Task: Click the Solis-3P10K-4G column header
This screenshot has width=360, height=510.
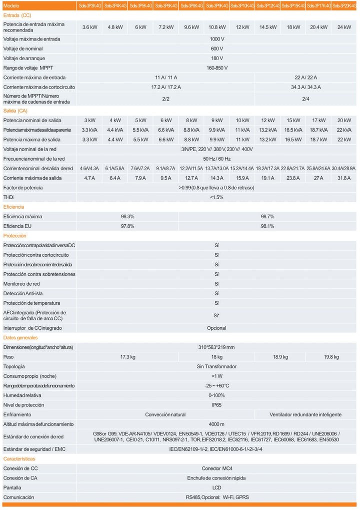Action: (x=242, y=6)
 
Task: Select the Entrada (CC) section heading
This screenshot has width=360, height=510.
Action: (x=17, y=16)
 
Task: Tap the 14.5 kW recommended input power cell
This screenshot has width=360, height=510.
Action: (x=267, y=28)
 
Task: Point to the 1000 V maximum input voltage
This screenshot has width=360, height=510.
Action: (x=216, y=39)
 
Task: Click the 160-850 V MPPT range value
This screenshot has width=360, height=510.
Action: (x=216, y=68)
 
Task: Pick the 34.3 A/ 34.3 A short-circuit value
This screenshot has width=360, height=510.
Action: (x=305, y=87)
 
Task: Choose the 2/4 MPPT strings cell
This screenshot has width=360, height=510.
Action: (x=305, y=99)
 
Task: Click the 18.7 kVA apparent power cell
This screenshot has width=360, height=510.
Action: (x=318, y=130)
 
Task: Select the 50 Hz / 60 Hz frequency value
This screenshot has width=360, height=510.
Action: (x=216, y=159)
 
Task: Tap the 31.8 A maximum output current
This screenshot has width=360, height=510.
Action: (x=344, y=178)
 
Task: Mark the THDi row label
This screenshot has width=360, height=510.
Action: (x=8, y=197)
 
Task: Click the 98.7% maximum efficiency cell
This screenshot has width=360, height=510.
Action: (x=267, y=216)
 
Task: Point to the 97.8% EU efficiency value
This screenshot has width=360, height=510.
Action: (x=127, y=226)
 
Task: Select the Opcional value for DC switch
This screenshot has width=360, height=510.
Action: (x=216, y=328)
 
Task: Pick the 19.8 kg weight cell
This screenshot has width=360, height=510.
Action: (x=331, y=357)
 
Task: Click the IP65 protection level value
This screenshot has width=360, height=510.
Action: (x=216, y=405)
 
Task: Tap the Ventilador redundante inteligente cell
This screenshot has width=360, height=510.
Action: (x=305, y=415)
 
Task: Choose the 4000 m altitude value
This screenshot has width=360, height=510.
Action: (x=216, y=424)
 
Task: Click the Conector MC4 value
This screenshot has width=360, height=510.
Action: (x=216, y=468)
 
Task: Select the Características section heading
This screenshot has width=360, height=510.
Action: (x=19, y=458)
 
